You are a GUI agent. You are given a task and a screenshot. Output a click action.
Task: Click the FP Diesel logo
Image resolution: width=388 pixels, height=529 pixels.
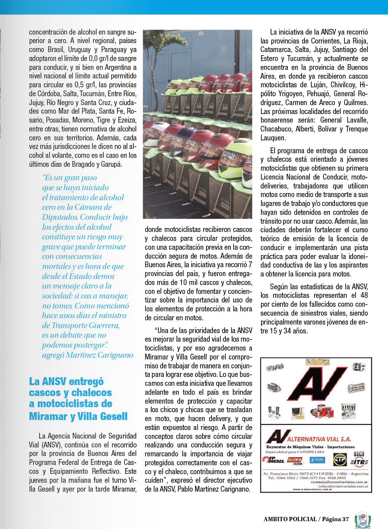click(x=274, y=460)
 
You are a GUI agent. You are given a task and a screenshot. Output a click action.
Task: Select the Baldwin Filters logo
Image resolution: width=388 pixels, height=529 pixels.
click(x=296, y=460)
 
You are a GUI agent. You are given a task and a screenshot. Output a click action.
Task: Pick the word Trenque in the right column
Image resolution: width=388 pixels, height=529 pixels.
click(x=354, y=129)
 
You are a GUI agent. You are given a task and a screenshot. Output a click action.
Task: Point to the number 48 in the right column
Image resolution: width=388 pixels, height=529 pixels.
click(x=364, y=295)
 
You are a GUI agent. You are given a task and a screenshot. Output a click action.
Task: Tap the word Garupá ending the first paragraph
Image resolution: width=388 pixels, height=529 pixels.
click(x=122, y=164)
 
